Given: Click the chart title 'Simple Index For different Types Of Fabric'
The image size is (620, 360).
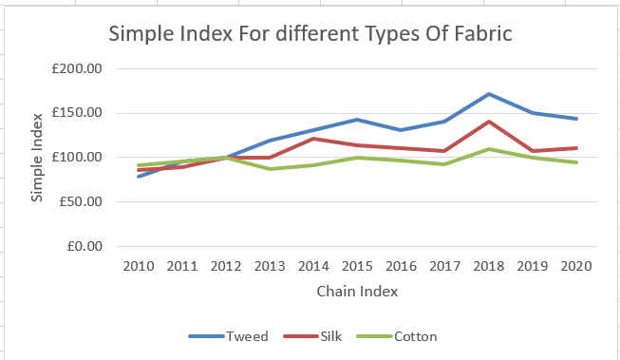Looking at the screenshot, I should click(310, 35).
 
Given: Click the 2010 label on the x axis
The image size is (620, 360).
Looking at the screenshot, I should click(141, 265).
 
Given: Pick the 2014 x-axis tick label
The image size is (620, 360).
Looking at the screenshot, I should click(313, 265).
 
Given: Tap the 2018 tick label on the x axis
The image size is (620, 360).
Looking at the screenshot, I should click(487, 265).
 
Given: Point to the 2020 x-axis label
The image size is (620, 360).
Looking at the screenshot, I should click(574, 265).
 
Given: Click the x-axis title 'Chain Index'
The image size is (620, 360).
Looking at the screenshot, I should click(357, 291).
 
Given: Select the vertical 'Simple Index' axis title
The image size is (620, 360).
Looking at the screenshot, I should click(38, 158).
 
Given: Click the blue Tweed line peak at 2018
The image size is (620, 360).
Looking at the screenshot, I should click(488, 94).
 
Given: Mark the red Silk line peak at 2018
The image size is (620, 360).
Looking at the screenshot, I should click(488, 122).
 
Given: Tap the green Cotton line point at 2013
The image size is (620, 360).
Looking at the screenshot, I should click(271, 169).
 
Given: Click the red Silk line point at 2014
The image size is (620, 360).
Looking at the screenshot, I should click(313, 139).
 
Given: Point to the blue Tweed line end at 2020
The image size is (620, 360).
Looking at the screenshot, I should click(575, 119).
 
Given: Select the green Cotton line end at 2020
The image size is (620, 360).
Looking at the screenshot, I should click(575, 162).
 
